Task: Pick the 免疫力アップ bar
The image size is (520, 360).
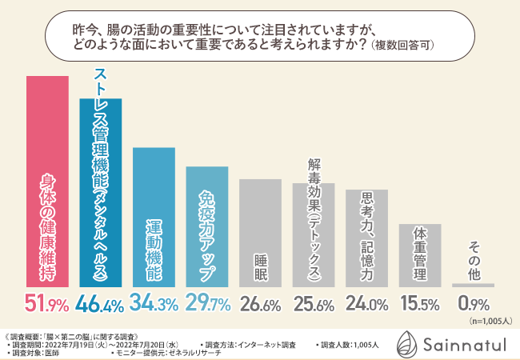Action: [x=206, y=227]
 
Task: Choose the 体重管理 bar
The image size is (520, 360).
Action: [x=419, y=255]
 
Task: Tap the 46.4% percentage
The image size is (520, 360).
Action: [x=100, y=304]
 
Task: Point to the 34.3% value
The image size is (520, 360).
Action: [x=154, y=304]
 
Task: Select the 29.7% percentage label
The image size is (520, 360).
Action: [x=206, y=304]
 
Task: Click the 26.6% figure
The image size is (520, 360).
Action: [x=260, y=304]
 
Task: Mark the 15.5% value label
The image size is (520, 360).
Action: [x=419, y=304]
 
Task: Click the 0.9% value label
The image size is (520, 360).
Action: [x=472, y=304]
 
